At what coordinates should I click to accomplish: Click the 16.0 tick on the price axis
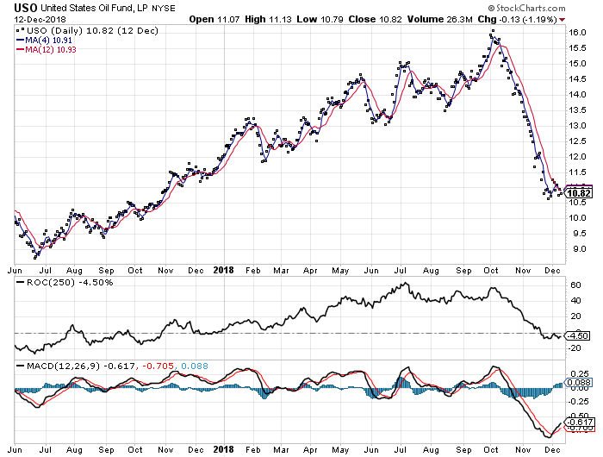coord(577,33)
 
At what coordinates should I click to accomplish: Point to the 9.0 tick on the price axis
coord(575,249)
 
